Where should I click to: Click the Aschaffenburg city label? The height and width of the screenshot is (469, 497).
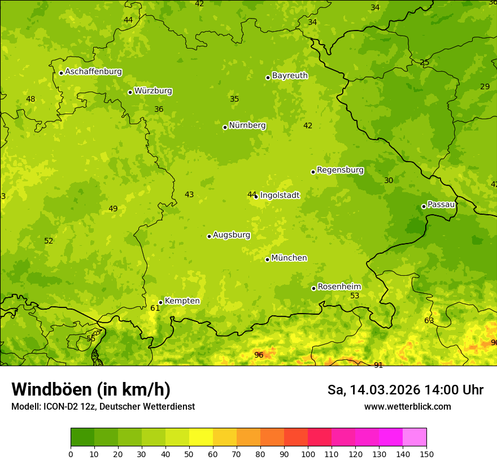click(x=93, y=72)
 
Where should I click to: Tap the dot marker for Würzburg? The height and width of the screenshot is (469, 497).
click(x=130, y=92)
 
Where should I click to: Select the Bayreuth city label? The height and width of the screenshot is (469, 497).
click(x=290, y=76)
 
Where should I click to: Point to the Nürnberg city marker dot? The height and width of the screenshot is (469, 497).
click(x=225, y=127)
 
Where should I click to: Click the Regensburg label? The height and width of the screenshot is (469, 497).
click(x=340, y=170)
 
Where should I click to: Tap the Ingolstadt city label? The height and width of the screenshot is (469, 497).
click(x=280, y=196)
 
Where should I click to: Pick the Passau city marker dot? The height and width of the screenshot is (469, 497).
click(x=424, y=206)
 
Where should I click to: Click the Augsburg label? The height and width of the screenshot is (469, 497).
click(x=232, y=235)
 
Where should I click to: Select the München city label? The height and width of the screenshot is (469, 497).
click(x=289, y=258)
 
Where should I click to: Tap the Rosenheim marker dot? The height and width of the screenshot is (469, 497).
click(x=313, y=289)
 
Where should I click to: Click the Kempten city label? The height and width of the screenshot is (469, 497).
click(x=182, y=301)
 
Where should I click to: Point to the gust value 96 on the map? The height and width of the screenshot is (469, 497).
click(x=259, y=355)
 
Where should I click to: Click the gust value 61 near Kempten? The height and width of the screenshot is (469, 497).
click(x=155, y=309)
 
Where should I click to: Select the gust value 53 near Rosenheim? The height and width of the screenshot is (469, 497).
click(x=355, y=296)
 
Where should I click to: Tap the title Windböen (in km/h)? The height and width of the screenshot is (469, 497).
click(x=90, y=389)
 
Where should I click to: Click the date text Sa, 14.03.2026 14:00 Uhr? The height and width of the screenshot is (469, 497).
click(x=405, y=390)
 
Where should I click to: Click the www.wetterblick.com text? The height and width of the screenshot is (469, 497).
click(x=407, y=407)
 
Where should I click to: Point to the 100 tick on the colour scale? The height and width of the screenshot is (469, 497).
click(x=308, y=454)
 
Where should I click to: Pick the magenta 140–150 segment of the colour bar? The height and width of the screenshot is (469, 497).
click(x=415, y=437)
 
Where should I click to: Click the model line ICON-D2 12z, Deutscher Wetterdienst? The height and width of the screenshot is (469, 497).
click(x=103, y=407)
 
